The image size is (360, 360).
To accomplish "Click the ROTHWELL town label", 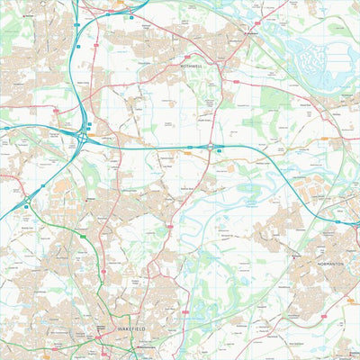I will click(194, 67).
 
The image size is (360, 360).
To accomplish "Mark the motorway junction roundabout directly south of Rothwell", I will click(212, 145).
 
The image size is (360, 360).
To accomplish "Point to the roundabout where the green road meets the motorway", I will click(28, 206).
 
